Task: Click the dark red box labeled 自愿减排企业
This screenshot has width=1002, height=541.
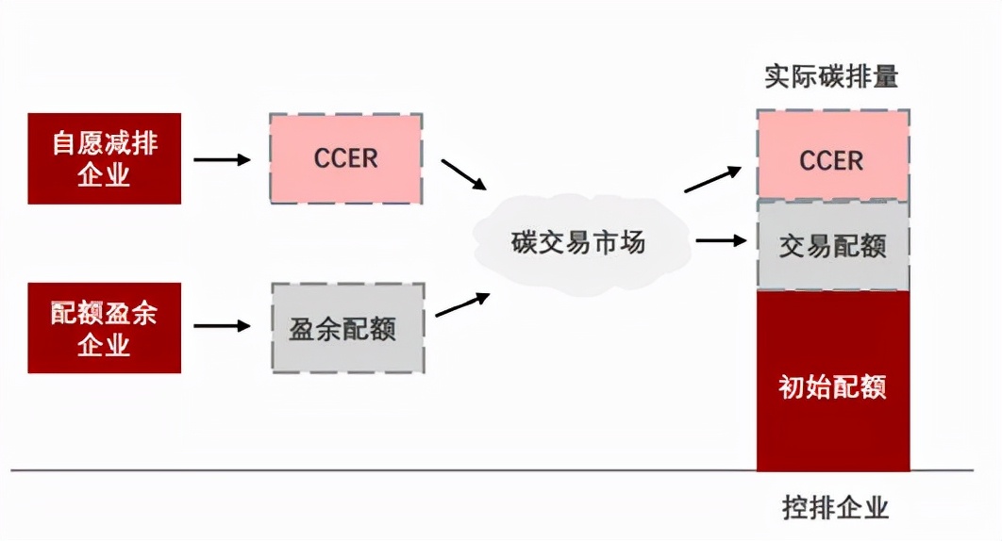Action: point(104,158)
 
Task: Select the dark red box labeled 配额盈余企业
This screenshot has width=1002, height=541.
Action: point(104,327)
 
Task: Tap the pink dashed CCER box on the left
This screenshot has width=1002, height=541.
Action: point(345,158)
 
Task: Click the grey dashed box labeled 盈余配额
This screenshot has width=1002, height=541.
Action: point(347,327)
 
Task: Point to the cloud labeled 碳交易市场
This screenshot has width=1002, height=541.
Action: point(578,242)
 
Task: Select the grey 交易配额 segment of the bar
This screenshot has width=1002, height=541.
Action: point(832,246)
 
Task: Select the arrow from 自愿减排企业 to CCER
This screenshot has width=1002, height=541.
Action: point(222,159)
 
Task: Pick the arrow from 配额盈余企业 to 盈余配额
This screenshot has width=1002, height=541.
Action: point(222,327)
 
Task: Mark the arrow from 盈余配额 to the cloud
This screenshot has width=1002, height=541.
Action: point(461,304)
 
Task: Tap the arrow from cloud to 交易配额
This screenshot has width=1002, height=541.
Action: point(719,240)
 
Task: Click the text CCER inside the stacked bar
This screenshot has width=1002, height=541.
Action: point(832,160)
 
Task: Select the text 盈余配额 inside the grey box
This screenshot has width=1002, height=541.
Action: point(342,328)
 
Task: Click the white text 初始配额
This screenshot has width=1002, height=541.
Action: point(832,386)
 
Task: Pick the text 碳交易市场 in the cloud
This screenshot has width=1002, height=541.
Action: point(578,242)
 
